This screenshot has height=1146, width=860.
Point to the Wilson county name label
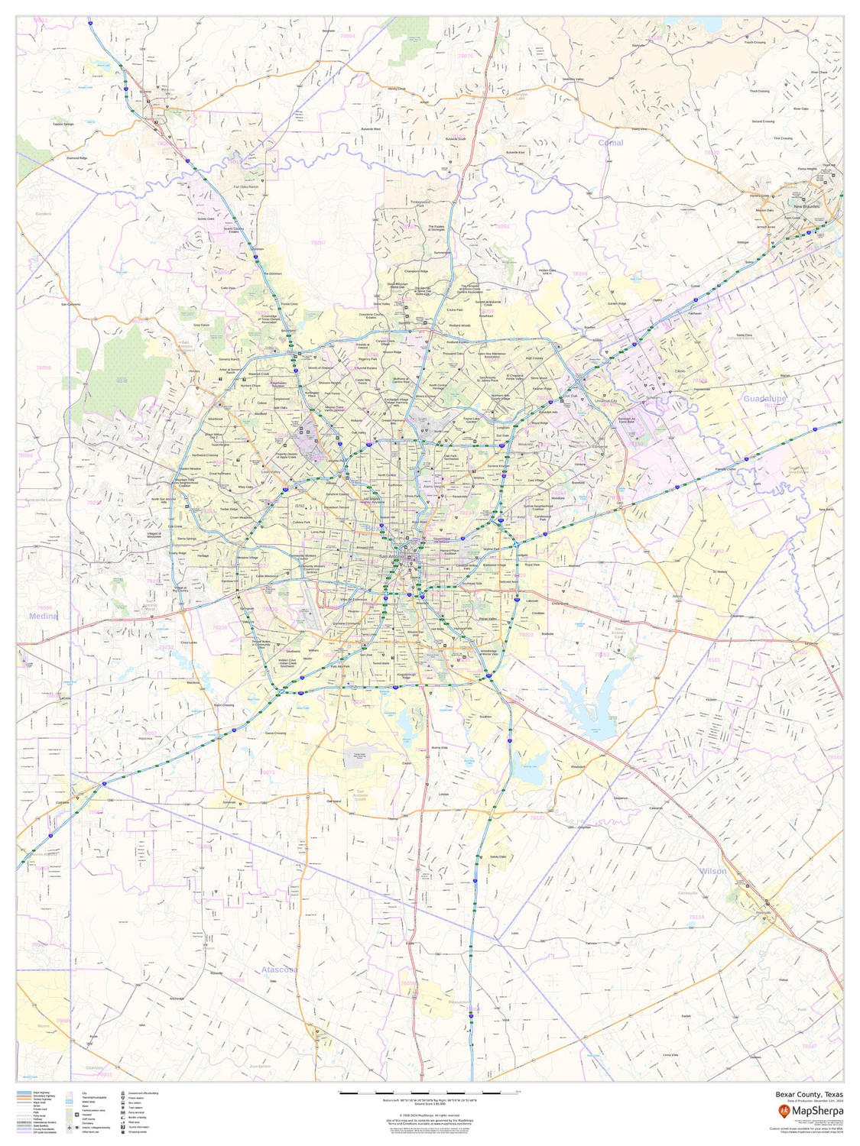(x=712, y=871)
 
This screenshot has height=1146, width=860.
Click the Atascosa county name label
(x=278, y=970)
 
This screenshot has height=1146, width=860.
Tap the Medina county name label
(x=43, y=615)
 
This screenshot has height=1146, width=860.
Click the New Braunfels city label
(x=806, y=207)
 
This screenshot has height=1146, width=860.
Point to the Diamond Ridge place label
(x=76, y=158)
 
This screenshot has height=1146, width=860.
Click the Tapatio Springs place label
(x=63, y=124)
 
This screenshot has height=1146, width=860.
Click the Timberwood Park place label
(x=421, y=204)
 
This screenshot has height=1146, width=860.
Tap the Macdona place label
(x=193, y=682)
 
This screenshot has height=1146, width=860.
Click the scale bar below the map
(x=428, y=1094)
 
